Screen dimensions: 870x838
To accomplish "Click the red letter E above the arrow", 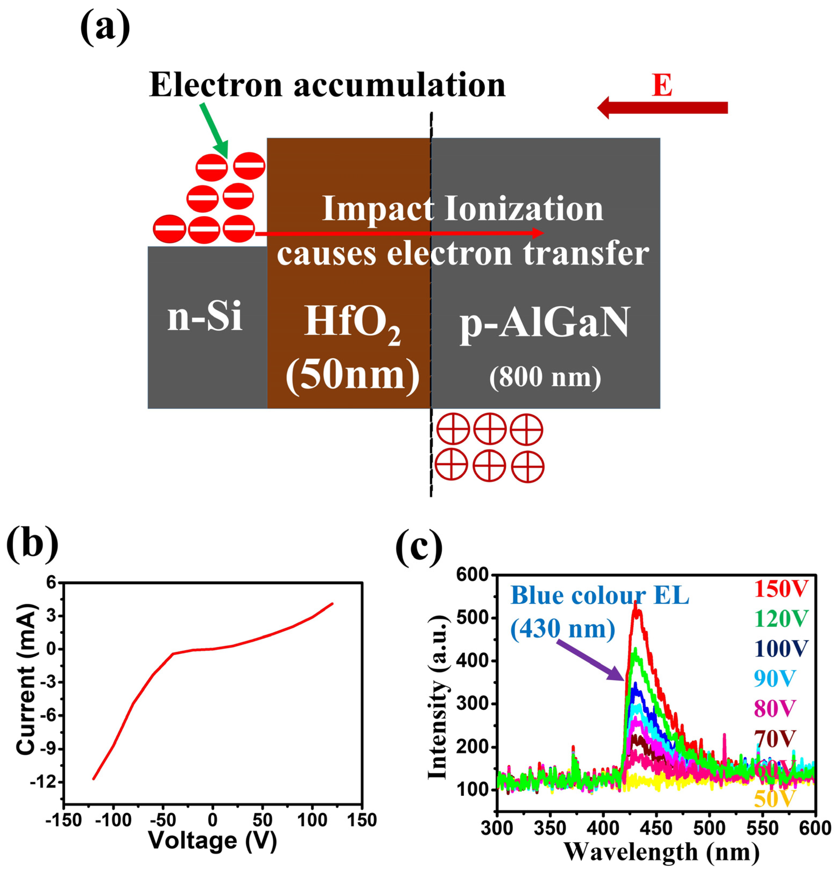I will point(662,85).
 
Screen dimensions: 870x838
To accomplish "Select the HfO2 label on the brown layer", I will point(352,323).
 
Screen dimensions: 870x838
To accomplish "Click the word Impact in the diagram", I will point(377,209).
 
